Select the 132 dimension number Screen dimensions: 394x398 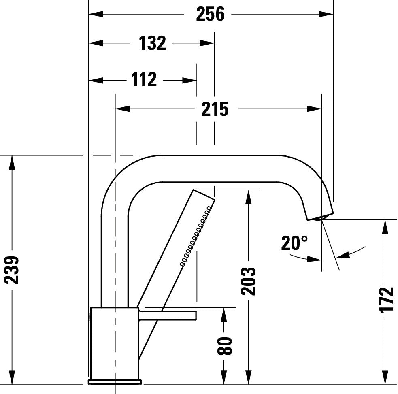click(x=152, y=43)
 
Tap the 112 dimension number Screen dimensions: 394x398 click(x=144, y=80)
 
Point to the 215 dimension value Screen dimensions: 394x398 click(x=215, y=109)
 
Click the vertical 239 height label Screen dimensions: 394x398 click(x=12, y=270)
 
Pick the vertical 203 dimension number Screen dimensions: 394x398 click(x=248, y=281)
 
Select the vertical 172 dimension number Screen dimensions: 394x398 click(x=387, y=299)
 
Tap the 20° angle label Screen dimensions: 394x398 click(x=294, y=243)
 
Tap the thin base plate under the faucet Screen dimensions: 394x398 click(x=115, y=382)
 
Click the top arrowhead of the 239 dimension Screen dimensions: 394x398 click(x=12, y=162)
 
